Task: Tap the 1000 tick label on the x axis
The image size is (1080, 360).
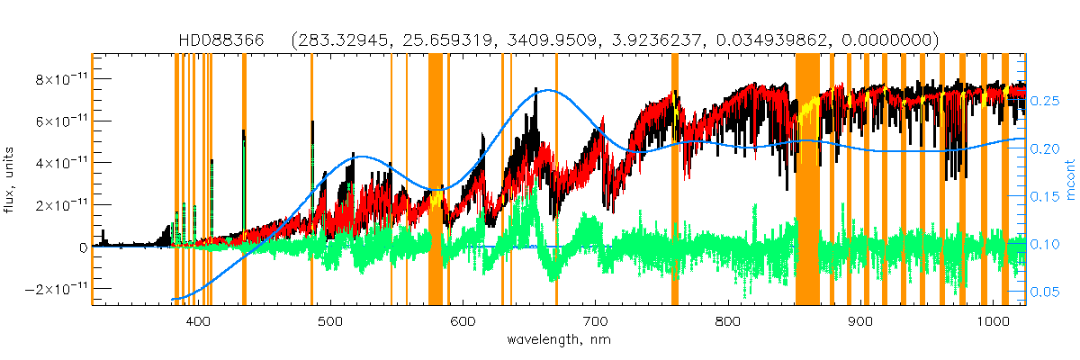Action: pyautogui.click(x=992, y=321)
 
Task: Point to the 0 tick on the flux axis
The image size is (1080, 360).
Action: pyautogui.click(x=82, y=247)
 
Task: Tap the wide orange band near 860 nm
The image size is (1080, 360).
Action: pyautogui.click(x=807, y=180)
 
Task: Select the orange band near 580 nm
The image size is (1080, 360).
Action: pyautogui.click(x=436, y=180)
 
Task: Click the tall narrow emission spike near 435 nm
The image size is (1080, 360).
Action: pyautogui.click(x=244, y=135)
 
